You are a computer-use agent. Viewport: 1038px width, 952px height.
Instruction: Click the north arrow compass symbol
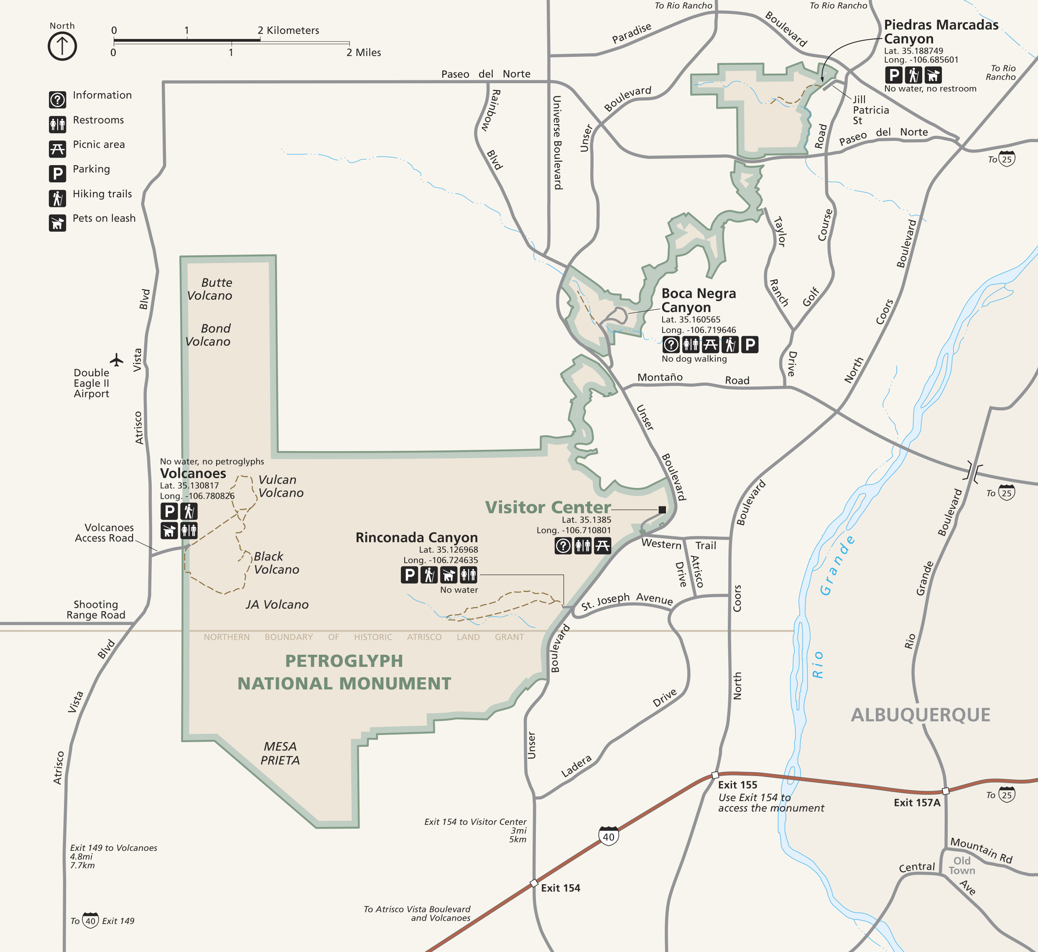coord(62,46)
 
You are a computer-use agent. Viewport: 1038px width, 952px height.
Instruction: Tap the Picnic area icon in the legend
coord(57,149)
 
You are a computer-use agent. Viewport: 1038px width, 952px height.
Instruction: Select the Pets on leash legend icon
coord(57,223)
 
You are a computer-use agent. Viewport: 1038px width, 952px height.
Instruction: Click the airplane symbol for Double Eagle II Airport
coord(117,360)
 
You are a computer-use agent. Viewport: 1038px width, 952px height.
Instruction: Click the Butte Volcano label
coord(210,289)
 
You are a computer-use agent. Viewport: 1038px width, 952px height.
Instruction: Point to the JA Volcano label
coord(277,604)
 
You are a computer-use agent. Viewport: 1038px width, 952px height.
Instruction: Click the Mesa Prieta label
coord(280,753)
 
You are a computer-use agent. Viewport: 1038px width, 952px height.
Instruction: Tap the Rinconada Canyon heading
coord(416,537)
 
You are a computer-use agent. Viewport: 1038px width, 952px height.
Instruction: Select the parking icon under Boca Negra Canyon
coord(750,344)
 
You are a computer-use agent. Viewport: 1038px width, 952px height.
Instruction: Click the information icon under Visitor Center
coord(563,546)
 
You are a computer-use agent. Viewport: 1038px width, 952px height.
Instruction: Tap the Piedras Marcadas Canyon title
coord(940,31)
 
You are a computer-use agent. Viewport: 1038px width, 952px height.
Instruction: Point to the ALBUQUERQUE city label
coord(920,715)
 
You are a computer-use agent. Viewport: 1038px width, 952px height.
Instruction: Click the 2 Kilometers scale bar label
coord(288,31)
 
